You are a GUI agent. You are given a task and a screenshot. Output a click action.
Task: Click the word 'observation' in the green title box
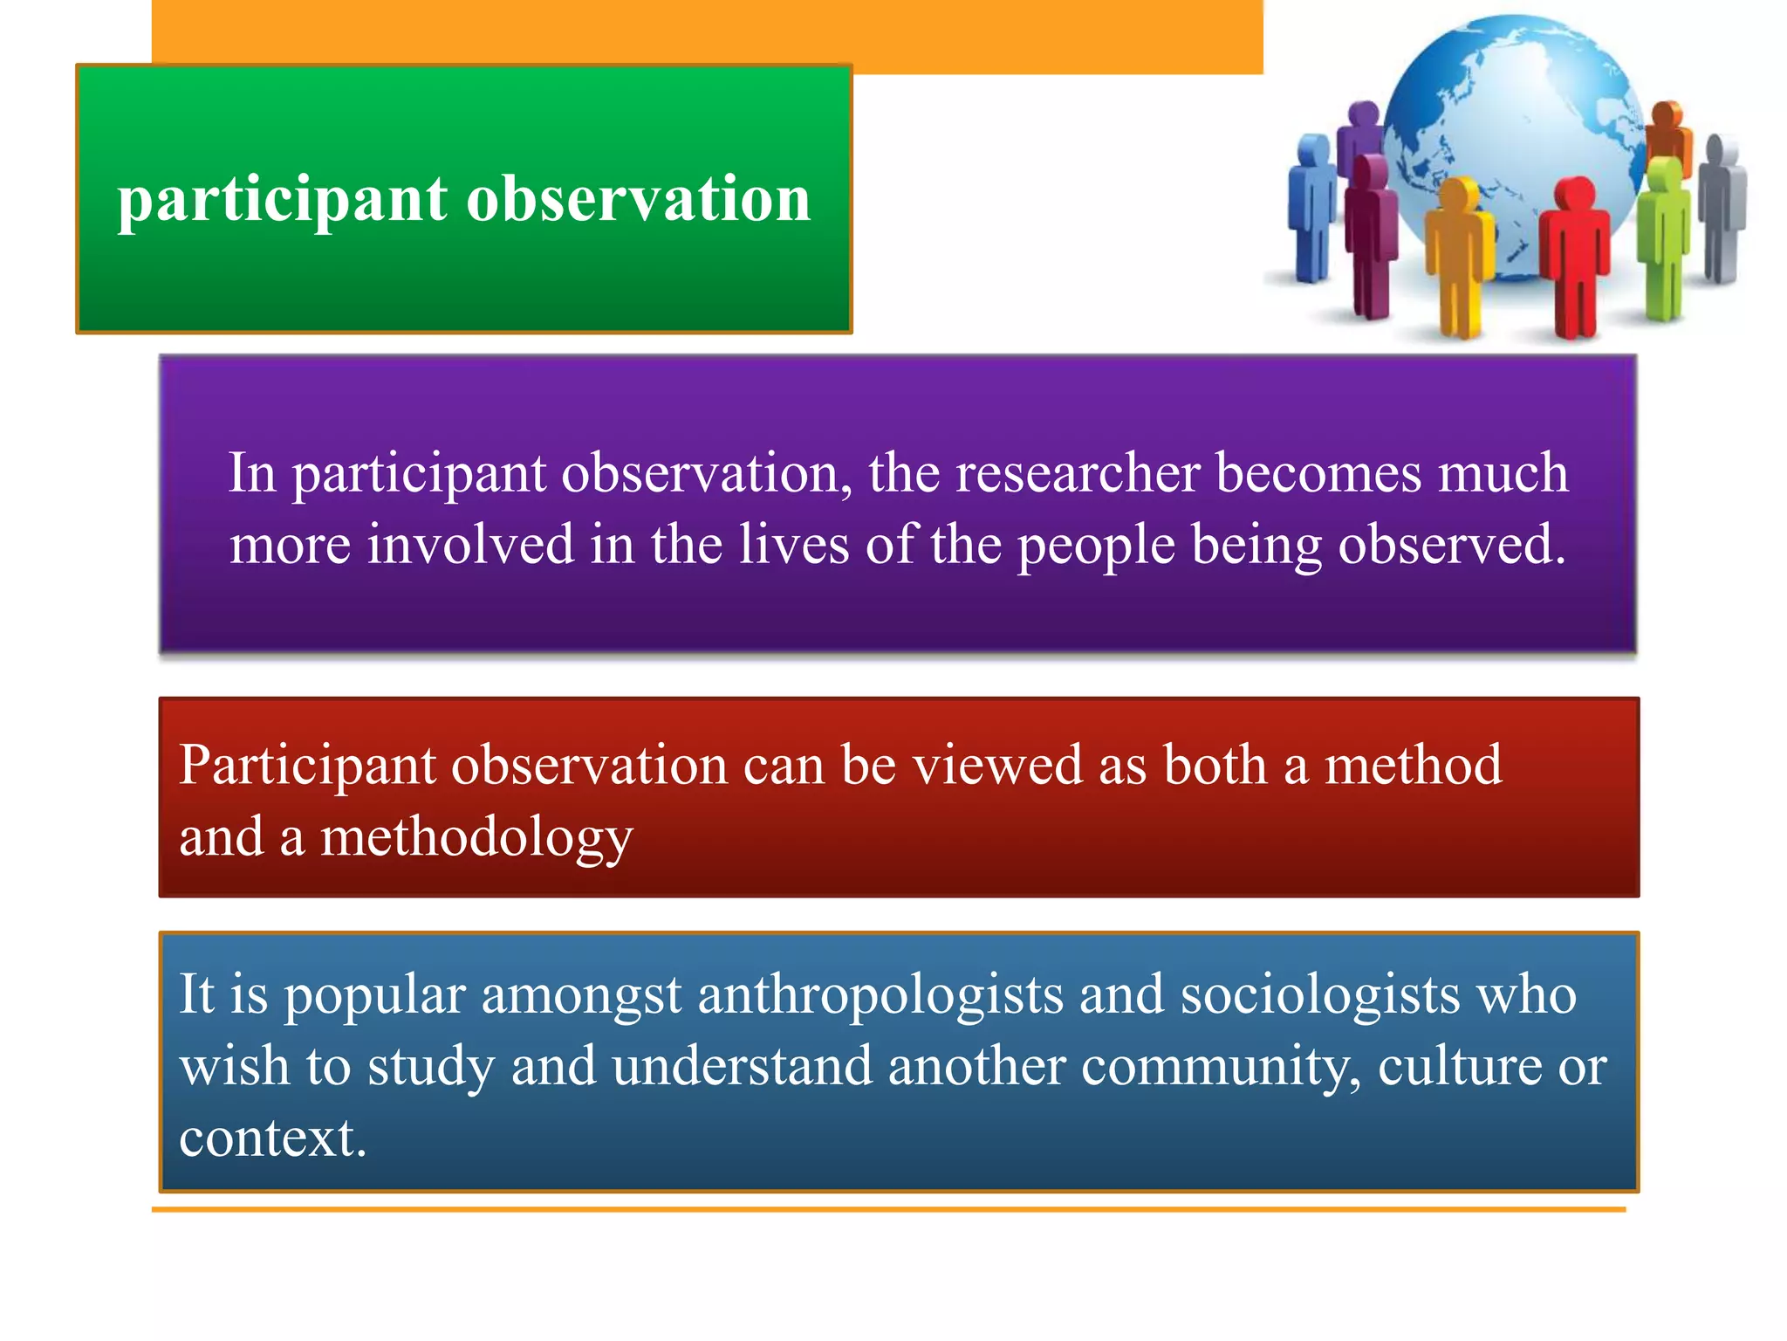(x=639, y=200)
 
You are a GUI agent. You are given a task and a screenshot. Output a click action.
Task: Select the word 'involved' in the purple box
(x=470, y=545)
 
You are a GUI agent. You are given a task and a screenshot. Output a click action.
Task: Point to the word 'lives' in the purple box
(x=794, y=545)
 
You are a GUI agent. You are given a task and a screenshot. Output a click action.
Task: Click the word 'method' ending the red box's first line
(x=1414, y=766)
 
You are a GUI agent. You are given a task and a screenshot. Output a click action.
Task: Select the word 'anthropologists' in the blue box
(x=880, y=996)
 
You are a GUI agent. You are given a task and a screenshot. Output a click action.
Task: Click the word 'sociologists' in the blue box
(x=1320, y=996)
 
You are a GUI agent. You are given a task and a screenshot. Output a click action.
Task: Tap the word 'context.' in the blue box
(x=273, y=1138)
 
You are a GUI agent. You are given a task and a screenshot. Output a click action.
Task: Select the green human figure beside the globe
(x=1663, y=236)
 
